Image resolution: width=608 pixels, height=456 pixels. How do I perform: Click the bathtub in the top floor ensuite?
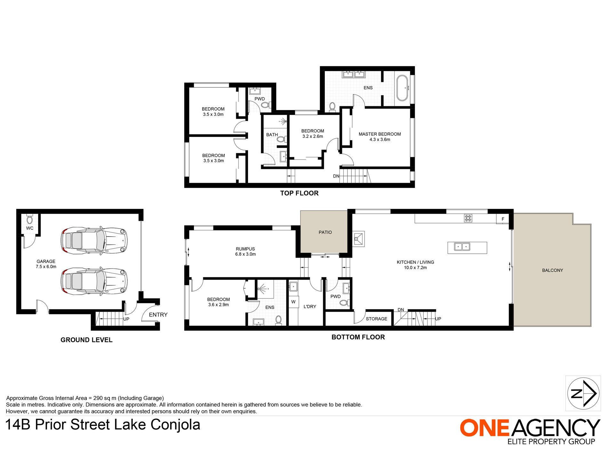point(402,88)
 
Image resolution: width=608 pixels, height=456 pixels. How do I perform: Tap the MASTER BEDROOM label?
point(380,134)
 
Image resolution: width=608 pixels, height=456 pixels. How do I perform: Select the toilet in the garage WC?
point(29,220)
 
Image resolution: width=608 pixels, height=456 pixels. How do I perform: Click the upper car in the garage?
point(94,241)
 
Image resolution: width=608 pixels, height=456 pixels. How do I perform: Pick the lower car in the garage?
point(94,281)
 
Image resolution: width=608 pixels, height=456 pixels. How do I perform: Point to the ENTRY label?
point(158,315)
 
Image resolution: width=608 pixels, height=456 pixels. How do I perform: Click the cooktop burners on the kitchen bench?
point(468,218)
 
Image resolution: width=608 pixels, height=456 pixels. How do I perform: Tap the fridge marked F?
point(503,219)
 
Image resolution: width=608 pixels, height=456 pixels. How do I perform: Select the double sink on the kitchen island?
point(462,246)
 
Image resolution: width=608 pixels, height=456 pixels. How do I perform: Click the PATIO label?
point(325,232)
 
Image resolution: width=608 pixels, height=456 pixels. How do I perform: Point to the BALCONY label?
point(552,270)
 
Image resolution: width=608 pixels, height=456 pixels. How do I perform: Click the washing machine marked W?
point(293,302)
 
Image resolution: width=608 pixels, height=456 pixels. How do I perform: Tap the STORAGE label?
point(376,319)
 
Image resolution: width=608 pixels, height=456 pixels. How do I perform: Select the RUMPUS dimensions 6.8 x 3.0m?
point(245,254)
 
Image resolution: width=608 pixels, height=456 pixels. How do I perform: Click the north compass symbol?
point(583,393)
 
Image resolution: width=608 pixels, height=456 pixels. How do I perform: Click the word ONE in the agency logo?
point(484,428)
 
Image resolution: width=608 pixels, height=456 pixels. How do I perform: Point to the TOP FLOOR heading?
point(299,193)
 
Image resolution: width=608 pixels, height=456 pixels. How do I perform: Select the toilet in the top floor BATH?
point(281,139)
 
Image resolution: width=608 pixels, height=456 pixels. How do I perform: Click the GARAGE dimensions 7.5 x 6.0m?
point(46,267)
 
